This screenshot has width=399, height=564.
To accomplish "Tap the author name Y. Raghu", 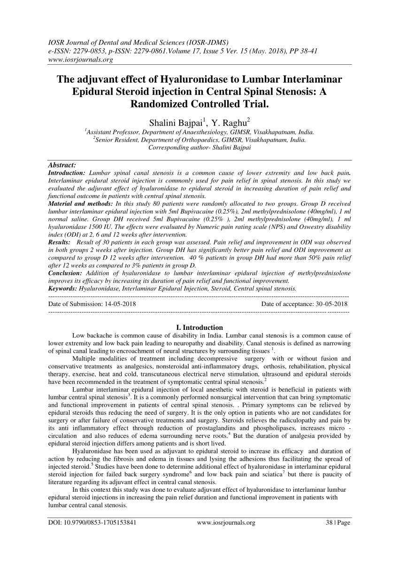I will point(229,123).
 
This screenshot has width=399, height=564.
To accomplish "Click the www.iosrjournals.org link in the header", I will point(80,60).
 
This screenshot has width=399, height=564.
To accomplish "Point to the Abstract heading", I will point(62,165).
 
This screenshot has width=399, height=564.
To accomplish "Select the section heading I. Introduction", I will point(199,328).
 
